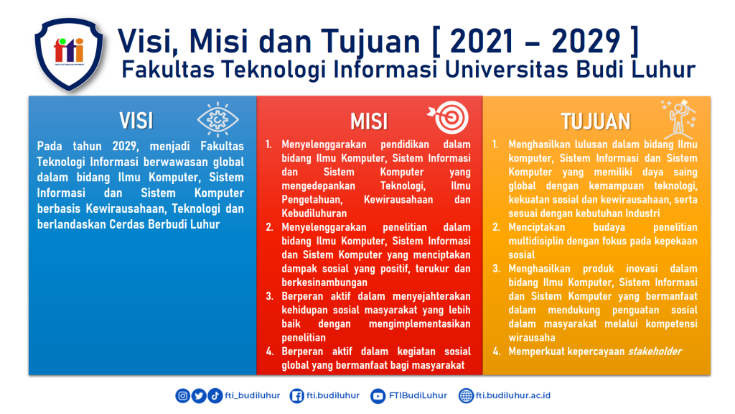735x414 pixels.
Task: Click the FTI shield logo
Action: coord(69,53)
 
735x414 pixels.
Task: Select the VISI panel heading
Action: coord(136,121)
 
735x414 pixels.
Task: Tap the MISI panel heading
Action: coord(369,121)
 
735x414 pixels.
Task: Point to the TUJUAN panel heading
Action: coord(596,121)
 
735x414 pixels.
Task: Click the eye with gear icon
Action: coord(218,120)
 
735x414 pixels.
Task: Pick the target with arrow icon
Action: coord(448,117)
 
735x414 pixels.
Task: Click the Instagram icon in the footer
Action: coord(183,396)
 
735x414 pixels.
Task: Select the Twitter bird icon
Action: coord(199,396)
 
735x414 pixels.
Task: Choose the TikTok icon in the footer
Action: coord(215,396)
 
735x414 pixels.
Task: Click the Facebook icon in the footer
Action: coord(296,396)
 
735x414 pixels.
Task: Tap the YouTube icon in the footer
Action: coord(378,396)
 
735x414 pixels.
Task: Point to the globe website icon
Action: coord(466,396)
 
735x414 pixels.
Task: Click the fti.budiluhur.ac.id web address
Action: coord(512,395)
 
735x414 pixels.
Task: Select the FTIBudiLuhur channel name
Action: coord(418,395)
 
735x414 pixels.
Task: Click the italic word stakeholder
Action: coord(655,351)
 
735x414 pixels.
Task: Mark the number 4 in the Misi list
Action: coord(270,351)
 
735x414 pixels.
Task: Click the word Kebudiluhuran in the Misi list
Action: coord(314,213)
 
